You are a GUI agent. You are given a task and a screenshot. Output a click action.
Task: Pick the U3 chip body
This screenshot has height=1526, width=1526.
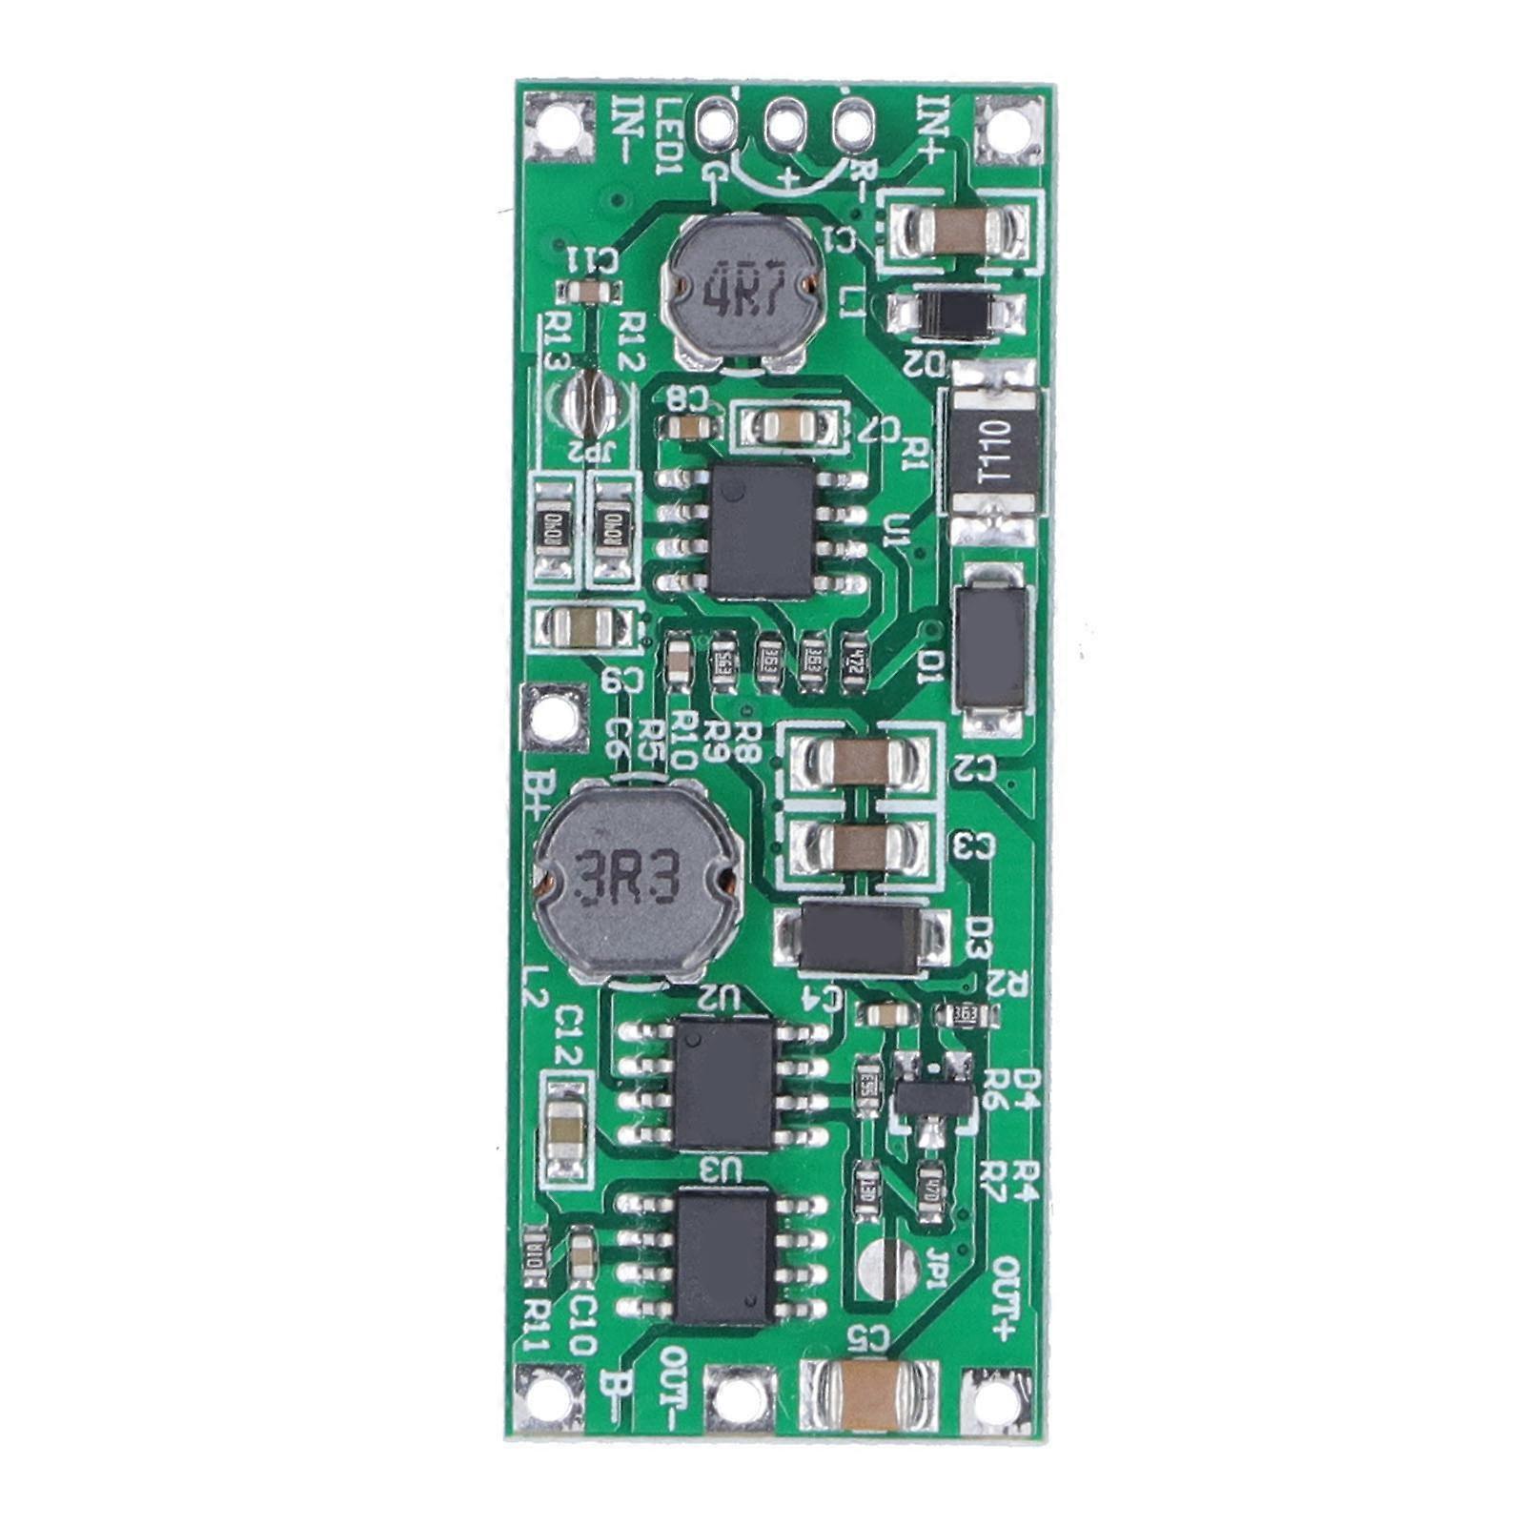[723, 1256]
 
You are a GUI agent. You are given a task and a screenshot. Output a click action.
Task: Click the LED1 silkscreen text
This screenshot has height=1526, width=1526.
[669, 136]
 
